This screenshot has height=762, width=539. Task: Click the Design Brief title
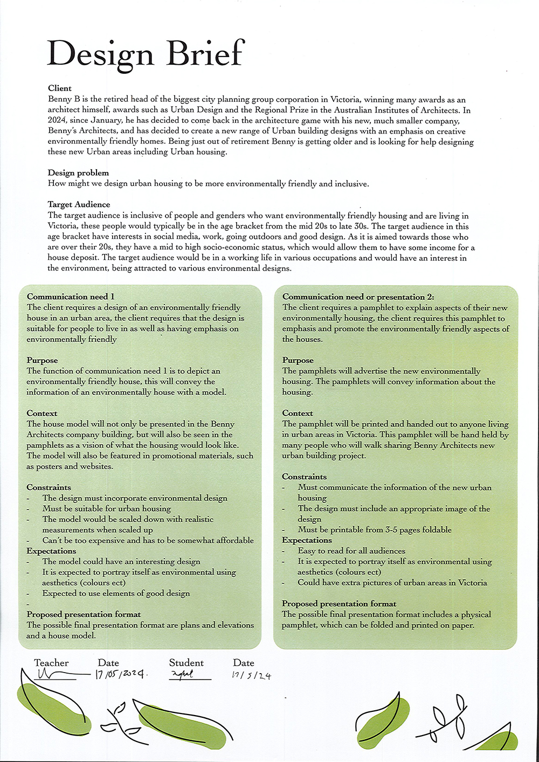146,54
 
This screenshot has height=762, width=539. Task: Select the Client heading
60,88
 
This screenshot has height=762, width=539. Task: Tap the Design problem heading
78,173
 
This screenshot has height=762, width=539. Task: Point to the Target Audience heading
79,204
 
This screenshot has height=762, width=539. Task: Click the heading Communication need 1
71,296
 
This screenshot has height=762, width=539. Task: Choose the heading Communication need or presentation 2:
358,296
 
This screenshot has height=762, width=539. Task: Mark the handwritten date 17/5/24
251,675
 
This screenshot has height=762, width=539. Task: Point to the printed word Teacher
51,663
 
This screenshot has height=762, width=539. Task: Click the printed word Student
186,663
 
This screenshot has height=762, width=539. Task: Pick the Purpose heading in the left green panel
42,360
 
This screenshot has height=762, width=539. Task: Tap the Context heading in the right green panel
297,413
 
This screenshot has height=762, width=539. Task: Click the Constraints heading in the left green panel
49,487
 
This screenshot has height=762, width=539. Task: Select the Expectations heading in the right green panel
307,540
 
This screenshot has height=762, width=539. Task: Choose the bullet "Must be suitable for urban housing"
106,508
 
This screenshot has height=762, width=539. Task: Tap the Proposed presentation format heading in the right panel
338,604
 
